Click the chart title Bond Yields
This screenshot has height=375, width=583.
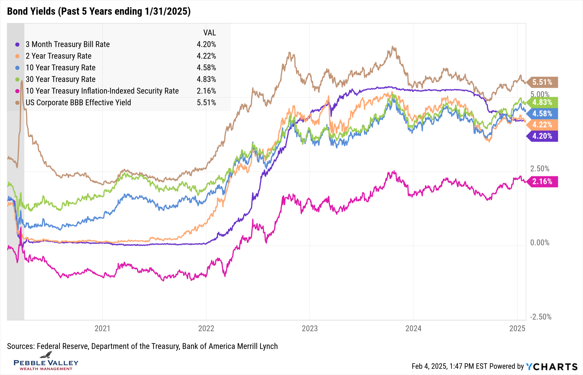[99, 11]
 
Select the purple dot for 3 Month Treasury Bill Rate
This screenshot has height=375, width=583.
[17, 45]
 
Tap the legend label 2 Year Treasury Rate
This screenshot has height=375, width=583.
[59, 56]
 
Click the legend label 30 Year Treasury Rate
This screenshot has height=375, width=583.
[61, 79]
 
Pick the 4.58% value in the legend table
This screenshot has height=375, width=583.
[206, 68]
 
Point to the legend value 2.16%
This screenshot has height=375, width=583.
[206, 91]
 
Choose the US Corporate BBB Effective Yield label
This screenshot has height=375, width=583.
[78, 102]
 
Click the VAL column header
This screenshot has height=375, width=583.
[210, 33]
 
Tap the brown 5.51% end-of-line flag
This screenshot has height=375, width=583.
[542, 82]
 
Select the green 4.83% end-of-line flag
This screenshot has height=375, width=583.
[542, 102]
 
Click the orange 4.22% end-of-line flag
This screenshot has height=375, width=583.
[542, 125]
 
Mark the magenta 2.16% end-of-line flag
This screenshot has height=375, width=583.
[542, 181]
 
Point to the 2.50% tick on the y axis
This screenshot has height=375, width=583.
[540, 169]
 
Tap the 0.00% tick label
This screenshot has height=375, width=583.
[540, 243]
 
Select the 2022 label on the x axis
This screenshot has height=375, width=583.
[206, 328]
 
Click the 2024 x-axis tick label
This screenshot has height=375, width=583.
[413, 328]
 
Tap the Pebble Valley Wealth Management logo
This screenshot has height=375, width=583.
[46, 362]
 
